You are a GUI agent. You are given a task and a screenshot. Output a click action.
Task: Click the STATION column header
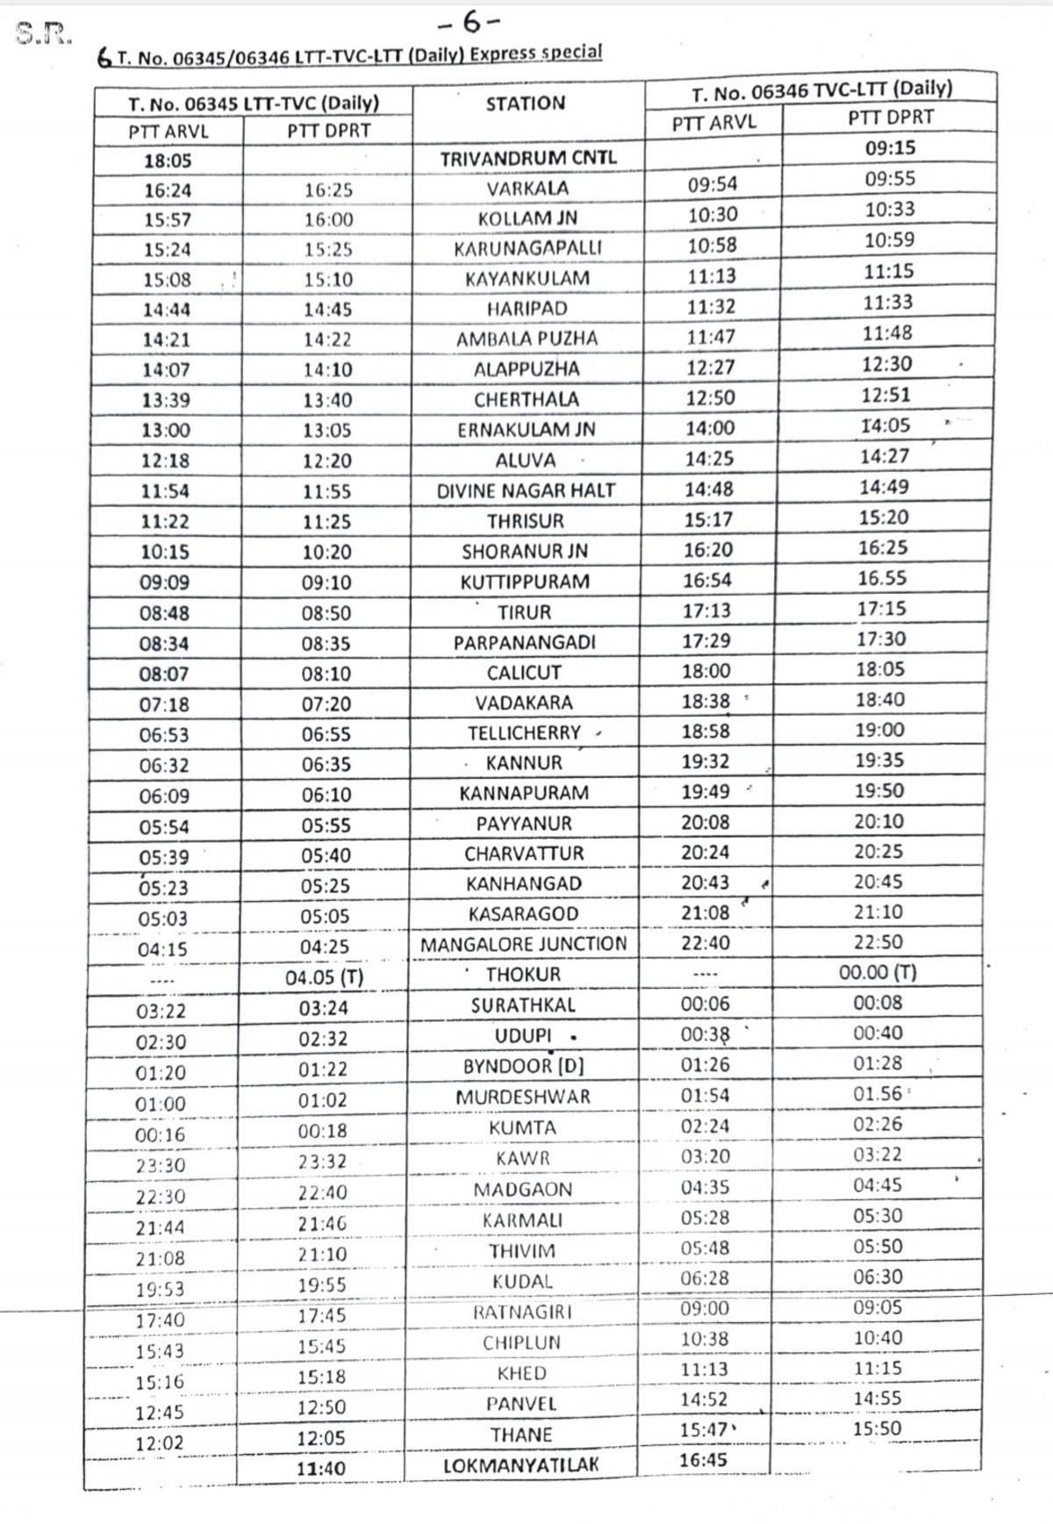[526, 104]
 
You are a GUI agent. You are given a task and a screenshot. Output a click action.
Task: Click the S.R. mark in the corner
[43, 33]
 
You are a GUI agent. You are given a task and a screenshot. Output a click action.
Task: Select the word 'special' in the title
[571, 52]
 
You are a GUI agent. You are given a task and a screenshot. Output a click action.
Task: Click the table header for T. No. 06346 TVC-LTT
[820, 89]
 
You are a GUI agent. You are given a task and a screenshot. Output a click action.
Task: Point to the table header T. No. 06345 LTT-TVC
[253, 104]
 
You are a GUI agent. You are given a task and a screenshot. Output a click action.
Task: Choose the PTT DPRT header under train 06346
[890, 118]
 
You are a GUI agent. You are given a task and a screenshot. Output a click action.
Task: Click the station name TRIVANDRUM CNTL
[527, 159]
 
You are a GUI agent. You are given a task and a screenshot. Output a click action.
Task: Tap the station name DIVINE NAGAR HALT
[526, 490]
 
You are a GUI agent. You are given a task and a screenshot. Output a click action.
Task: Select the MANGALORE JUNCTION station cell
[523, 944]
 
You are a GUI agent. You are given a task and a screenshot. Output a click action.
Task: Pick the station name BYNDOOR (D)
[523, 1066]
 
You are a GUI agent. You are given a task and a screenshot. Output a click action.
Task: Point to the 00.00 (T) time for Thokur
[877, 972]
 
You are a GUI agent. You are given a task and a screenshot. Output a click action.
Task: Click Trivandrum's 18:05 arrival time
[168, 161]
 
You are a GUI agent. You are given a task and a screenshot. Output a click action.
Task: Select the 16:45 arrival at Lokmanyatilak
[703, 1460]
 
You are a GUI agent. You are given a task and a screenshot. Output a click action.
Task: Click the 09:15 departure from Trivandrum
[890, 148]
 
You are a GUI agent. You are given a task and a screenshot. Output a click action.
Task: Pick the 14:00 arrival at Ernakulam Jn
[710, 428]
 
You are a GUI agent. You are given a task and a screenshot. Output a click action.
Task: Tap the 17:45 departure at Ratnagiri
[321, 1315]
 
